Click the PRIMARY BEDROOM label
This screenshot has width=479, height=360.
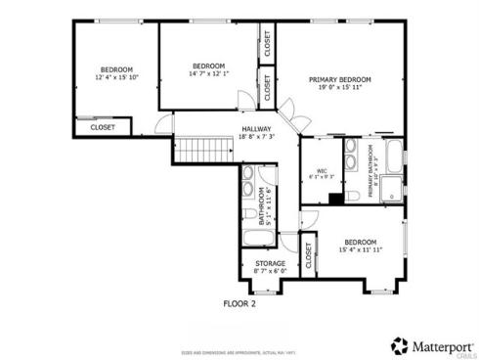(x=339, y=79)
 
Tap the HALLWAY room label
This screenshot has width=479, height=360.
(x=257, y=128)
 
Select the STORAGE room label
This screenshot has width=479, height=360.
(x=271, y=262)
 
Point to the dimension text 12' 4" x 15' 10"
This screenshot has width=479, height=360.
(x=115, y=76)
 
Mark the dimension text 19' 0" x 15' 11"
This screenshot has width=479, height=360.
(x=339, y=88)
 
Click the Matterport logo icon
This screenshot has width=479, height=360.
(x=400, y=346)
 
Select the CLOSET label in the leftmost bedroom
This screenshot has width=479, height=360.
(x=103, y=127)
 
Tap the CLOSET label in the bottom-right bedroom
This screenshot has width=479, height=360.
(x=308, y=256)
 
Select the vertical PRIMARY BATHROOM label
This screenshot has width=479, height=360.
(x=372, y=171)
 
